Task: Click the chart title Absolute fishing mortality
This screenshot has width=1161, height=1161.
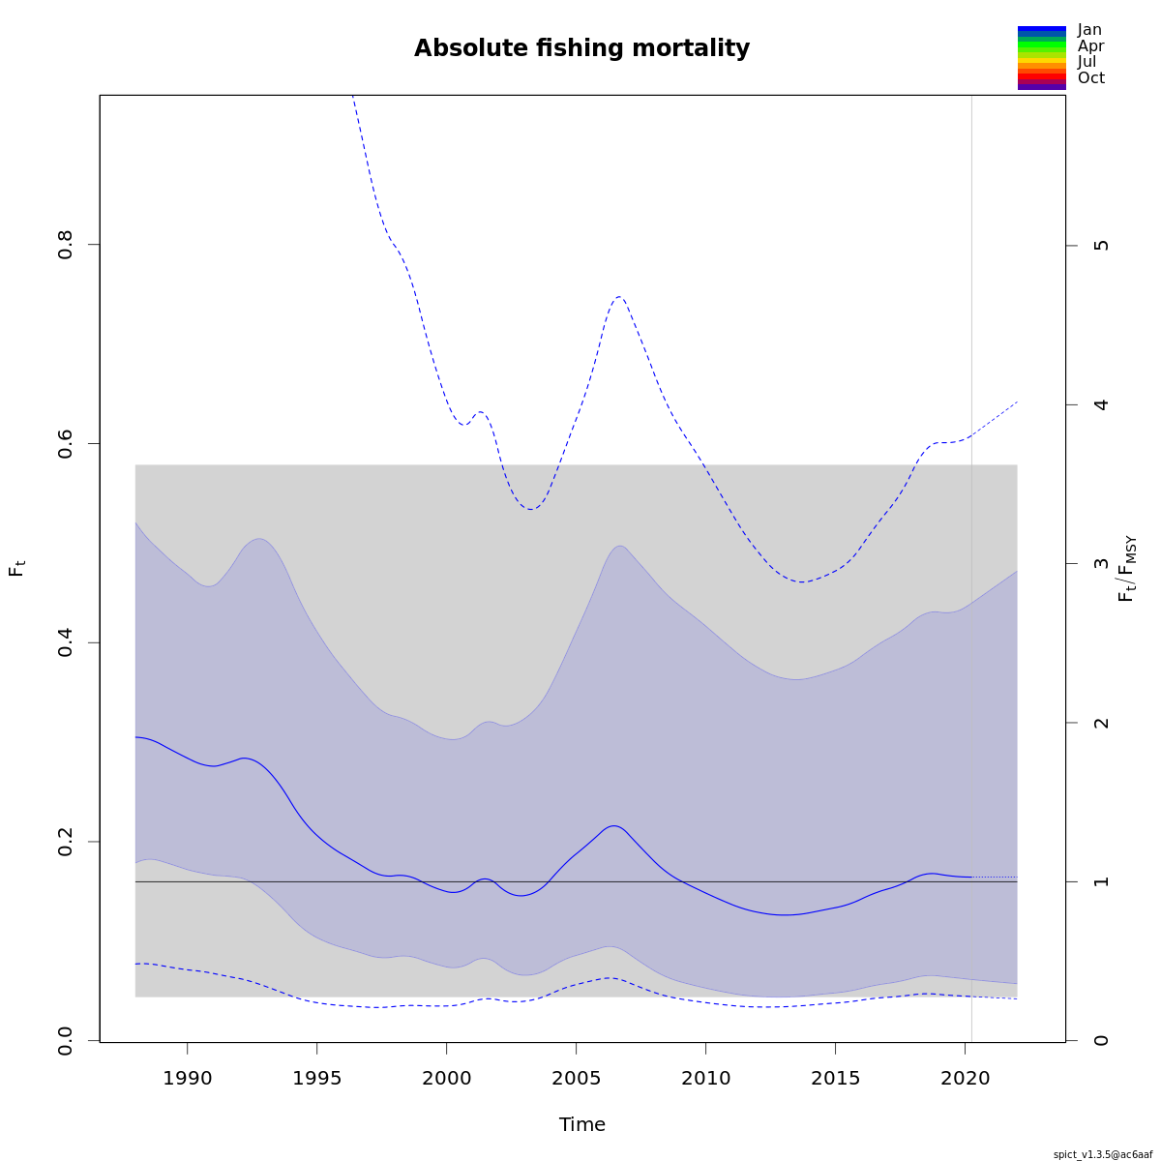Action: click(581, 48)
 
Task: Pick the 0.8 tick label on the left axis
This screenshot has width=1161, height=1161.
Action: click(66, 244)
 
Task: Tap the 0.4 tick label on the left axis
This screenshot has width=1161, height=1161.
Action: click(66, 642)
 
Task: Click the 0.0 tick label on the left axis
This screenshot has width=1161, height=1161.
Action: click(66, 1041)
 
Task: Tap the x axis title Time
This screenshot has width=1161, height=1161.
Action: click(581, 1124)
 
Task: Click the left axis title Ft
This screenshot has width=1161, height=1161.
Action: click(16, 568)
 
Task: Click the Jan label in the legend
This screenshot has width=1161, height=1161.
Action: click(1089, 30)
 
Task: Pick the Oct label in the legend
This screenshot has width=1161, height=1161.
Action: click(1090, 78)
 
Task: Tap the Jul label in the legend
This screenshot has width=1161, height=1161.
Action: click(1087, 62)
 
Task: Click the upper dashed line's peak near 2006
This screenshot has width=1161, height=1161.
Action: click(619, 297)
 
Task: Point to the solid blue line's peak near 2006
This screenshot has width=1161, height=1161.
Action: click(614, 825)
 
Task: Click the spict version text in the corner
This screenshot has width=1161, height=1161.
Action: click(1103, 1153)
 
